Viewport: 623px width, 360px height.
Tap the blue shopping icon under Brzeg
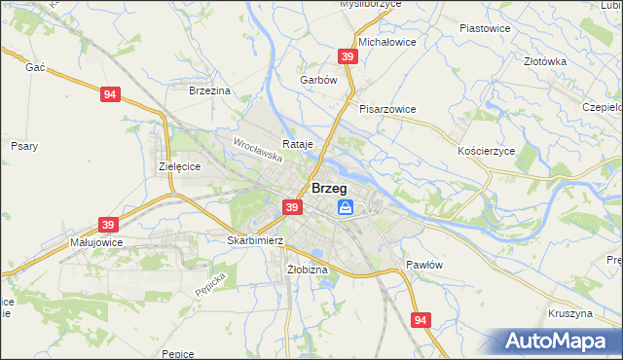[346, 207]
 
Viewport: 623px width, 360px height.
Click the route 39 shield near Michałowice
[348, 57]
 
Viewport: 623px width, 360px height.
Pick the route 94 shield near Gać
[110, 94]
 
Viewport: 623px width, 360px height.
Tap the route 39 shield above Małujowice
[107, 223]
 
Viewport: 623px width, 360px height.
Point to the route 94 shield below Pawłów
[421, 319]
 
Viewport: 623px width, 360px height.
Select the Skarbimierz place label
[254, 239]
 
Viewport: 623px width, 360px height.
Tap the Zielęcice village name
[179, 166]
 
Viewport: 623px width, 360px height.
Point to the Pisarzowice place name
[387, 109]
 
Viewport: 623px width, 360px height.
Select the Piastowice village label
[484, 28]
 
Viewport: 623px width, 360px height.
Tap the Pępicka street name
[209, 283]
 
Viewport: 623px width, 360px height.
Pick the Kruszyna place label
[570, 314]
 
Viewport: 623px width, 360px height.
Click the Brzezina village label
[209, 90]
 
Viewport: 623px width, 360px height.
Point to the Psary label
[24, 146]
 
